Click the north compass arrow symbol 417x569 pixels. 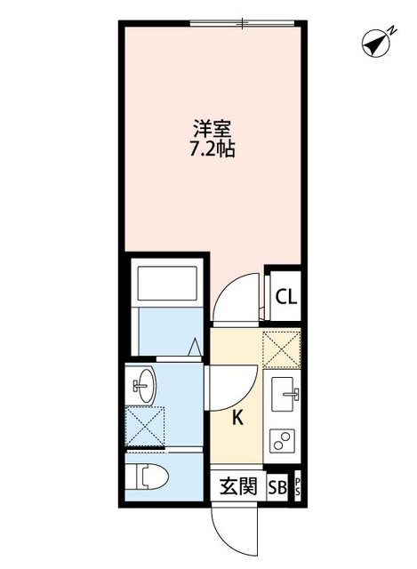[x=378, y=41]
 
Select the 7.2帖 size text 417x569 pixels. [x=212, y=150]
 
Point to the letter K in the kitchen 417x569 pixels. [x=238, y=417]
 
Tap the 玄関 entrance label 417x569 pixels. [x=237, y=486]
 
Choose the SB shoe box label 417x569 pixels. [x=277, y=486]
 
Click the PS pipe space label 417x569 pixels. [x=298, y=486]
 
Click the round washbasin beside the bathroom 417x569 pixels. [x=142, y=386]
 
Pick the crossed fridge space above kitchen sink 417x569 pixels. [x=285, y=349]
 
